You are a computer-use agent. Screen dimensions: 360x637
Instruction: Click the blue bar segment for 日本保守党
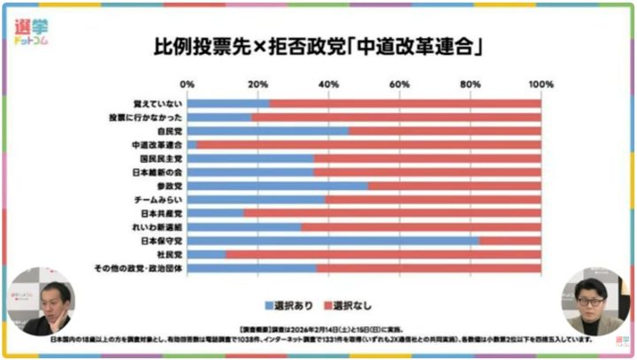[x=333, y=241]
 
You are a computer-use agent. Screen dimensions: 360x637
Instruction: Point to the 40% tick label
[x=328, y=85]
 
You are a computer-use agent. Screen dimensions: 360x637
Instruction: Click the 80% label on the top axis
[x=470, y=85]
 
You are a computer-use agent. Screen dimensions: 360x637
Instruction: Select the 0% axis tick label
[x=187, y=85]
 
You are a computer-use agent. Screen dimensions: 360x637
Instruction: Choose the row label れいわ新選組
[x=158, y=227]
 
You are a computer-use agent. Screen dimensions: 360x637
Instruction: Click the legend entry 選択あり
[x=289, y=304]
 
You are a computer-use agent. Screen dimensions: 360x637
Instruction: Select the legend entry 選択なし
[x=349, y=304]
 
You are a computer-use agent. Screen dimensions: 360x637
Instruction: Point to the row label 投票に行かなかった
[x=145, y=117]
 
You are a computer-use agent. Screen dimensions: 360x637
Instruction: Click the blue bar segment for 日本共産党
[x=215, y=213]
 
